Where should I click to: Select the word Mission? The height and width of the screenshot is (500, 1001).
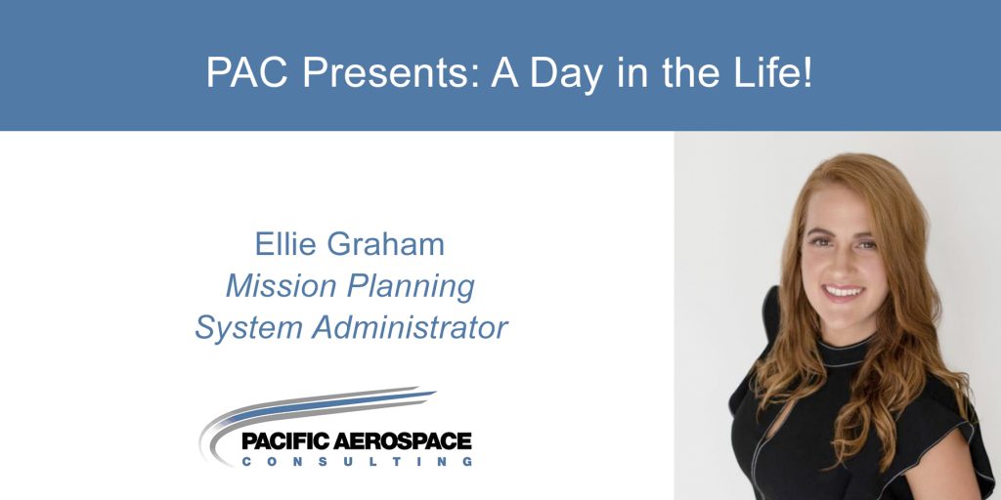point(282,286)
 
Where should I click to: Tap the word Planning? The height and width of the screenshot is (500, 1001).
point(412,289)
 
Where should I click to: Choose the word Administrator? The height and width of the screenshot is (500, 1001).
point(411,328)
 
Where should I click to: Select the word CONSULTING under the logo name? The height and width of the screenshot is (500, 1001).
point(358,461)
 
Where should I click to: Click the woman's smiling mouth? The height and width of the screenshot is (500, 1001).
point(844,292)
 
